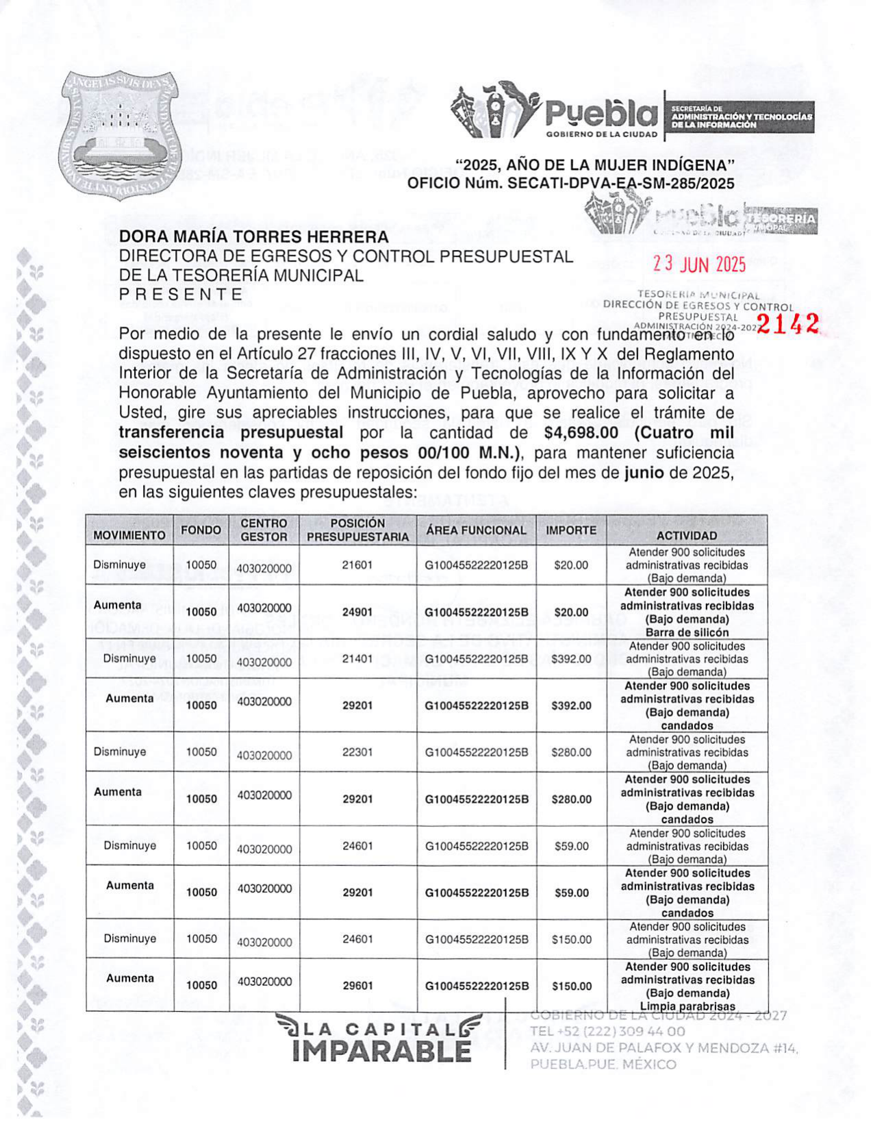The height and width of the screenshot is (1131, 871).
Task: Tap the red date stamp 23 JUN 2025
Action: pos(698,264)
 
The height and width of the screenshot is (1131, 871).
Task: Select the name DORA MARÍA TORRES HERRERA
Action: pos(253,237)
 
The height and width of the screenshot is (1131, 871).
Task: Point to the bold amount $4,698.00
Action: pos(581,433)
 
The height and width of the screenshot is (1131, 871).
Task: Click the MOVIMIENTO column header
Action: pos(129,535)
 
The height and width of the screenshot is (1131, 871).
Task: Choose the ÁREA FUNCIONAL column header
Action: pos(476,530)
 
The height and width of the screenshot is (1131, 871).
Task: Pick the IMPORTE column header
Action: pos(570,530)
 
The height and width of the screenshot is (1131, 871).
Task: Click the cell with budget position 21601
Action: pos(357,565)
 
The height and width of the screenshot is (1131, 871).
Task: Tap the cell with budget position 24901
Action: pos(357,612)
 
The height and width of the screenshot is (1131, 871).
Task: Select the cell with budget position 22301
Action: pos(357,751)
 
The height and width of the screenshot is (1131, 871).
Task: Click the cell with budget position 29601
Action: pos(357,986)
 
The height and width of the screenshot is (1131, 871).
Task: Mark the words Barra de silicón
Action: pos(687,632)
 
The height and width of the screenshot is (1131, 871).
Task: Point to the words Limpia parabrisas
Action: pos(687,1006)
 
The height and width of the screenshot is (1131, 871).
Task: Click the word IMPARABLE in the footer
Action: pos(381,1051)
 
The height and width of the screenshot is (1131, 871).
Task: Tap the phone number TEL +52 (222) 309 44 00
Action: pos(607,1032)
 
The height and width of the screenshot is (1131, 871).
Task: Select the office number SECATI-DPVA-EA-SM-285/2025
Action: pos(620,184)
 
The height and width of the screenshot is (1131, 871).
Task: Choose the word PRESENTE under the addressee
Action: pos(181,295)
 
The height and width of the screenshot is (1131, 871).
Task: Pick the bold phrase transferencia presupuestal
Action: pos(231,433)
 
